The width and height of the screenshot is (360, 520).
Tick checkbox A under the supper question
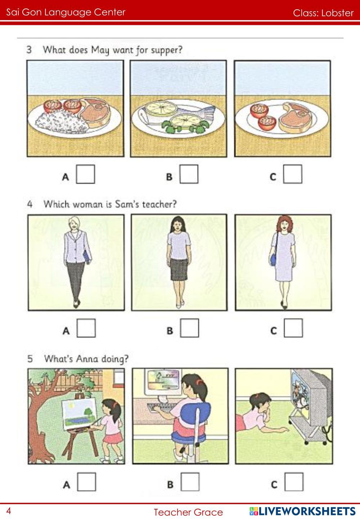(85, 174)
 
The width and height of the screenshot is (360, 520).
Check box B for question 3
(189, 174)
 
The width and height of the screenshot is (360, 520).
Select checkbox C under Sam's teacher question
(293, 328)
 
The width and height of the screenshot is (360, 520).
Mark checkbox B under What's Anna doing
(190, 482)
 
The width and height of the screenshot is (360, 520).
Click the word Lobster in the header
(337, 13)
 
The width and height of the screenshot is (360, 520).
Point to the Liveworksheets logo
(302, 511)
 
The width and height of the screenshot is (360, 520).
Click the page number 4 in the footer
(9, 511)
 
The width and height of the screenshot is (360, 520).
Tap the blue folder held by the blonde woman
(87, 256)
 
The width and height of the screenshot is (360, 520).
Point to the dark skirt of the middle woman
(179, 269)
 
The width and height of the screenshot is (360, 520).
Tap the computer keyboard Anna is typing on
(160, 407)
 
